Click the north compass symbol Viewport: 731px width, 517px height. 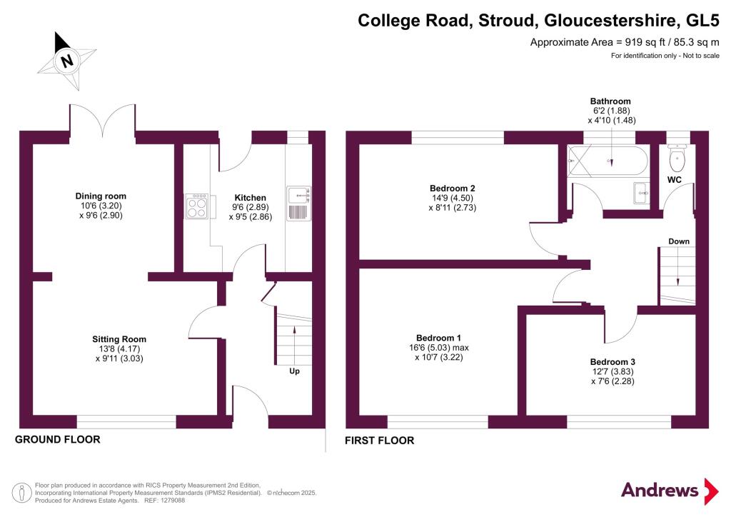tap(67, 60)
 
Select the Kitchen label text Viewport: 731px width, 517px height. tap(251, 198)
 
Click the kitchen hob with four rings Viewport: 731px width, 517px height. tap(196, 207)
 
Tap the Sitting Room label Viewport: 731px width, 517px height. tap(119, 339)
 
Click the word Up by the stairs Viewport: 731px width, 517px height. tap(294, 372)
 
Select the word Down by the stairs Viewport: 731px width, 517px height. tap(679, 241)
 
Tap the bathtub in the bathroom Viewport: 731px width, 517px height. tap(608, 161)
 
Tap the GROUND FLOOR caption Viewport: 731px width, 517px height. tap(58, 439)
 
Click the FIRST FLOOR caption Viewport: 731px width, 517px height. tap(379, 441)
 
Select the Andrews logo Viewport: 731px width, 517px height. tap(668, 490)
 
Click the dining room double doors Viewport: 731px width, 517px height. tap(103, 119)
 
